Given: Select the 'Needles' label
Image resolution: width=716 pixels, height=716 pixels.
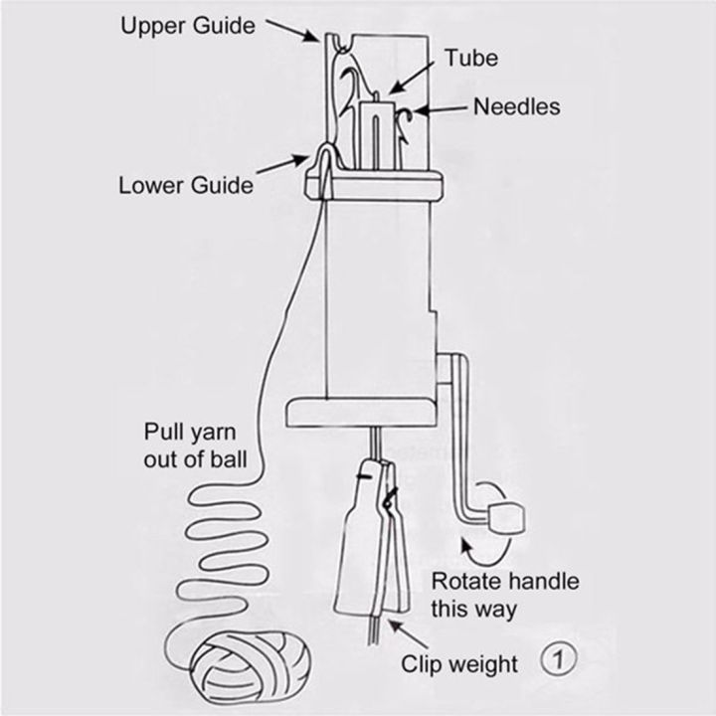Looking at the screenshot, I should coord(516,106).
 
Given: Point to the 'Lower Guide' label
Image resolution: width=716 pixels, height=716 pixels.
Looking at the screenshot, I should coord(186,185).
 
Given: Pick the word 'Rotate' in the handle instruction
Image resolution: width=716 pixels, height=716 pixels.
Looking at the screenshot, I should coord(464,582).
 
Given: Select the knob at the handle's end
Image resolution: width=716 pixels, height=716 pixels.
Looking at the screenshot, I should coord(507,515).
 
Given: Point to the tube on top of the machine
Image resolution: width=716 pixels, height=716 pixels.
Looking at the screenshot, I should coord(379,129).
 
